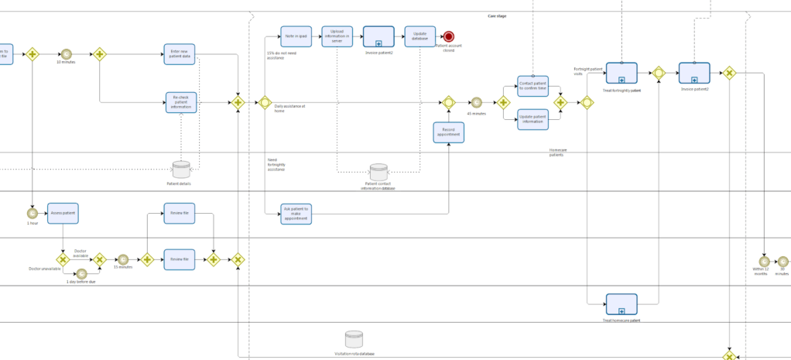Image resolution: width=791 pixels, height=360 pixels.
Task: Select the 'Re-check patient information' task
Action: coord(182,102)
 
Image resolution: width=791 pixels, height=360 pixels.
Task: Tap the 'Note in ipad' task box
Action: coord(295,36)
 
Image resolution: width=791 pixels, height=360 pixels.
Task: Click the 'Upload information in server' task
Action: coord(337,36)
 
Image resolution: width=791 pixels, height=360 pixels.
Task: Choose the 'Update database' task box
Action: coord(419,36)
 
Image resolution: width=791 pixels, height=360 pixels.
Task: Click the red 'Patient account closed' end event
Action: coord(449,36)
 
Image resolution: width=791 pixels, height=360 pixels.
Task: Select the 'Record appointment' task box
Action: coord(449,132)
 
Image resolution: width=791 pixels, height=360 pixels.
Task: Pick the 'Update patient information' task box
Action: coord(532,119)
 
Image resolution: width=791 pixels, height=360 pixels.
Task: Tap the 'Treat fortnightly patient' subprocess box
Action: coord(621,73)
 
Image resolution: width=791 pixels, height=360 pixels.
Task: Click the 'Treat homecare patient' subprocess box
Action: coord(621,304)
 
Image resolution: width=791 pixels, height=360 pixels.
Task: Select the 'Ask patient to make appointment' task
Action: coord(296,214)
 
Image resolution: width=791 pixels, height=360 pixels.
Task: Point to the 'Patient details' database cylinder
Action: coord(180,170)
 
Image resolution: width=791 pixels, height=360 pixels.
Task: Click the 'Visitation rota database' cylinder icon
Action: coord(354,339)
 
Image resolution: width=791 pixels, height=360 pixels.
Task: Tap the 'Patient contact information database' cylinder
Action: coord(378,173)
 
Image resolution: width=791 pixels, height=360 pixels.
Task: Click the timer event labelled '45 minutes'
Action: coord(476,102)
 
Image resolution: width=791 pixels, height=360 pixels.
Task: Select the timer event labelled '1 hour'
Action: coord(33,213)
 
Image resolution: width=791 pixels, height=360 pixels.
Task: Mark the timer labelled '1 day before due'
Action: coord(81,273)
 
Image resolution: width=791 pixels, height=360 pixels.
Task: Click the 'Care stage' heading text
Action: coord(497,15)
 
